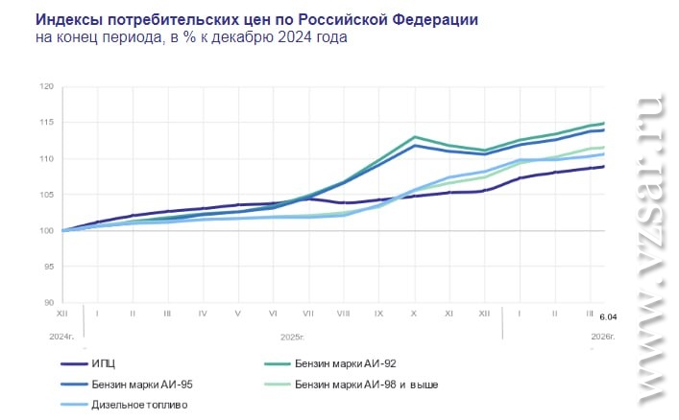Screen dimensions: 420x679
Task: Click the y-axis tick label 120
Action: [46, 86]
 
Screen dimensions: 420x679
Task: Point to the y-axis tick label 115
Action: [46, 122]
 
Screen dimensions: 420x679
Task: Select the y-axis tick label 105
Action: [46, 195]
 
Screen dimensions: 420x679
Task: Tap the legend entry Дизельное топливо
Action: [139, 405]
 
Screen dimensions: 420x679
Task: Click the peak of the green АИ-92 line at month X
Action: [413, 137]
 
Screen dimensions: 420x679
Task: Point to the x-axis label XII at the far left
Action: [62, 314]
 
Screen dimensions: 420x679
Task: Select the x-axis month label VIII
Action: [343, 314]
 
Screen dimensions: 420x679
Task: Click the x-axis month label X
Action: [413, 314]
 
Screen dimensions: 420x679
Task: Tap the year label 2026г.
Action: [600, 337]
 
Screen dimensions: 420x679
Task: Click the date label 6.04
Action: [608, 317]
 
